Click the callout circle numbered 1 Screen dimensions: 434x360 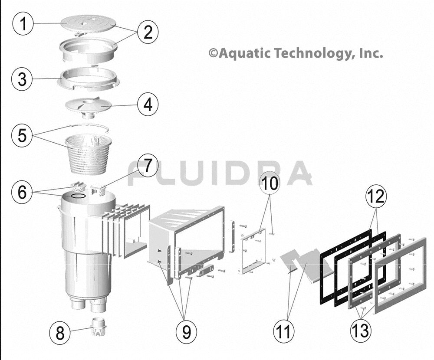click(x=23, y=24)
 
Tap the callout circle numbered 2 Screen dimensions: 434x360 click(x=148, y=32)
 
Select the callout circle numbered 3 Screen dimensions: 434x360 click(x=22, y=79)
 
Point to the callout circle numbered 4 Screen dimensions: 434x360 click(x=148, y=105)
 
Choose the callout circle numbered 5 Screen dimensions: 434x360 click(x=22, y=135)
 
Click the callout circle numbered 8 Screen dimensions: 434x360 click(x=60, y=333)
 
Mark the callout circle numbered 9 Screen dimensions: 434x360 click(x=187, y=331)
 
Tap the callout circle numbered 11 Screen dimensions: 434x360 click(x=284, y=331)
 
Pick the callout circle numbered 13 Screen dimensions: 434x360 click(x=360, y=331)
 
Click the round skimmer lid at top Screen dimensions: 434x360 click(x=87, y=24)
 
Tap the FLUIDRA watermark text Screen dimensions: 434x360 click(x=220, y=173)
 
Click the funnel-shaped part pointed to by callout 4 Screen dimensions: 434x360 click(x=88, y=107)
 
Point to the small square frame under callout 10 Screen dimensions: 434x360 click(x=253, y=251)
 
